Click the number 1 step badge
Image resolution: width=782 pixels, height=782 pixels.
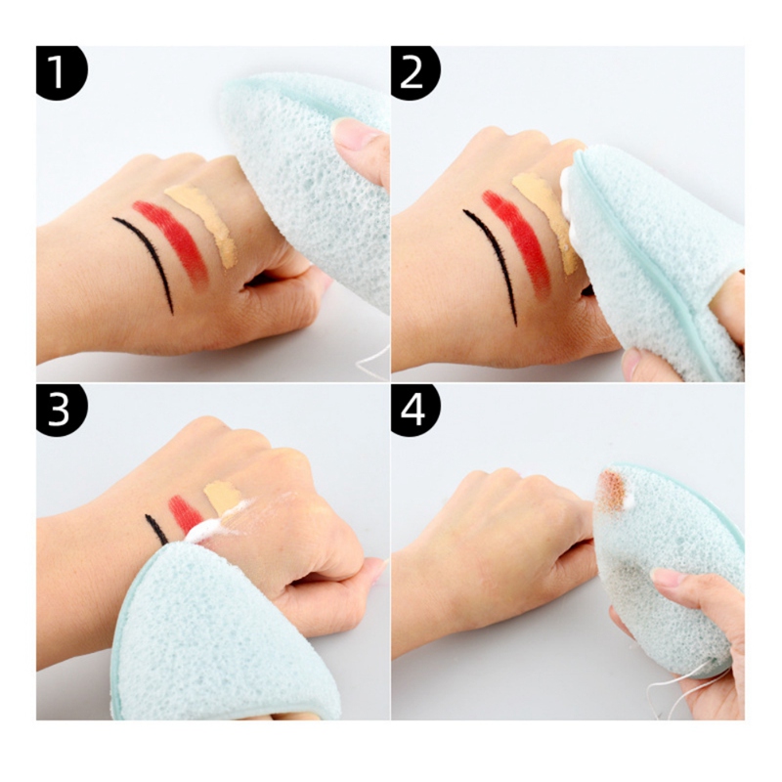pyautogui.click(x=61, y=72)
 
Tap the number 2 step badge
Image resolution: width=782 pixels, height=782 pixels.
pyautogui.click(x=414, y=72)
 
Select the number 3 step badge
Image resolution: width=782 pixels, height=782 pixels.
pyautogui.click(x=61, y=411)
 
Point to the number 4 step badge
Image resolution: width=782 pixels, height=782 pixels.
pyautogui.click(x=414, y=411)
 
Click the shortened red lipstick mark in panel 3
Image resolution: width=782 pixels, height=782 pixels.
pyautogui.click(x=184, y=514)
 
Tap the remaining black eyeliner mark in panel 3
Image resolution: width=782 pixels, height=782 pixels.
pyautogui.click(x=156, y=529)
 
